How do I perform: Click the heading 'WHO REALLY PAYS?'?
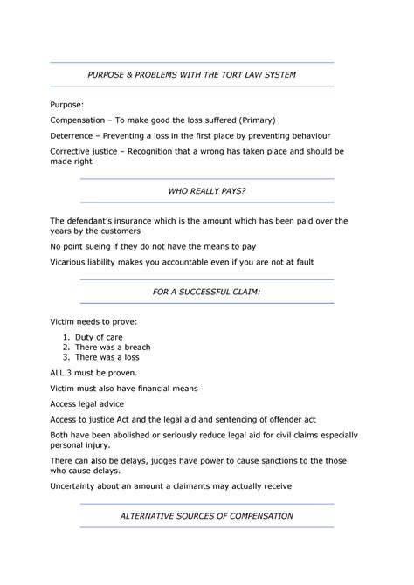(x=207, y=189)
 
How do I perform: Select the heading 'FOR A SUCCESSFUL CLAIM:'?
(x=207, y=292)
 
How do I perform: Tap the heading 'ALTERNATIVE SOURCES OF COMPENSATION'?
(x=207, y=516)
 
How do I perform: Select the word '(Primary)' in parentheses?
(x=265, y=120)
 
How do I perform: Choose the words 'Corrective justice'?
(x=87, y=151)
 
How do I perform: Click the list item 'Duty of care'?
(x=100, y=336)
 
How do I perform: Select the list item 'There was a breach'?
(x=113, y=347)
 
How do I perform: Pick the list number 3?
(x=66, y=357)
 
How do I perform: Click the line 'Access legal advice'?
(x=87, y=403)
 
